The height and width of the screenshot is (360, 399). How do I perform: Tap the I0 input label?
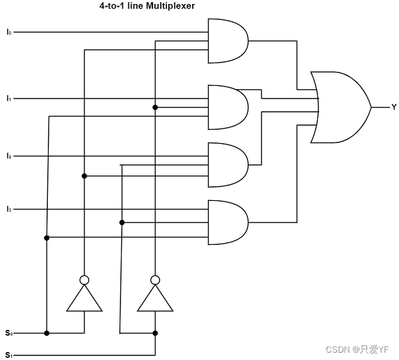click(9, 31)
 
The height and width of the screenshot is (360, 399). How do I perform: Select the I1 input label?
click(9, 98)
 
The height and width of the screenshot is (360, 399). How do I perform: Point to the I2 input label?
click(9, 156)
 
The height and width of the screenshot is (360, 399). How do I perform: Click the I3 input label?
click(9, 210)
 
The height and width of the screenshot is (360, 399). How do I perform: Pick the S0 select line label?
click(9, 333)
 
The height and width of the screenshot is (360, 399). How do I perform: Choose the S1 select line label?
click(9, 355)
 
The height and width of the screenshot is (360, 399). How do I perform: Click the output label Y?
click(394, 107)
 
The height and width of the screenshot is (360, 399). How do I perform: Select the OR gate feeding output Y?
click(339, 107)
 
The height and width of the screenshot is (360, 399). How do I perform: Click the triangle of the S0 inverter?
click(84, 299)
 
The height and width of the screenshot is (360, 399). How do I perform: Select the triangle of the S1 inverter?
click(155, 299)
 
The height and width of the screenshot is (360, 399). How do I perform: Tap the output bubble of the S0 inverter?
click(84, 279)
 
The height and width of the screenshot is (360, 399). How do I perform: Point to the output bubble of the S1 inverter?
click(155, 279)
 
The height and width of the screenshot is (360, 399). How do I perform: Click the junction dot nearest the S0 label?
click(47, 333)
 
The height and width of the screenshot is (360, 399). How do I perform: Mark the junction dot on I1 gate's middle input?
click(155, 107)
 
